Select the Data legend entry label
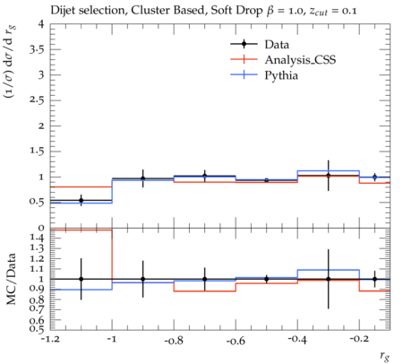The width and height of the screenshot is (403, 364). coord(277,45)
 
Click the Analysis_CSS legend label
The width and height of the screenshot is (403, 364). coord(300,60)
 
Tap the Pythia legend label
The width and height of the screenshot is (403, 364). coord(281,75)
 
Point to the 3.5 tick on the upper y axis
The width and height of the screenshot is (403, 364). coord(37,49)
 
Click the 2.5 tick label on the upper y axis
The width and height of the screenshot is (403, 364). coord(37,100)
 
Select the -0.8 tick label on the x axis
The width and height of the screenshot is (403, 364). coord(174,340)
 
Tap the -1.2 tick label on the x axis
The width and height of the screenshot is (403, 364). coord(50,340)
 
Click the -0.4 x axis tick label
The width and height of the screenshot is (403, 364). coord(297,340)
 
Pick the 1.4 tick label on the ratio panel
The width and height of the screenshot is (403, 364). coord(37,238)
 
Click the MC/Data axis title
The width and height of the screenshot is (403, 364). coord(11,279)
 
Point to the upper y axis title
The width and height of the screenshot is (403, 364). coord(10,62)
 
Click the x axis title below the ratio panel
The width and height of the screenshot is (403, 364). coord(385,356)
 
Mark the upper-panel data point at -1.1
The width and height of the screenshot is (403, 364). coord(81,200)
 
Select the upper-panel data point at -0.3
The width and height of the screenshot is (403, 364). coord(329,176)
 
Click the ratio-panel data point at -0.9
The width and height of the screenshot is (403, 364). coord(142,279)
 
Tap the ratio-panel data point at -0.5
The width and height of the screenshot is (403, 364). coord(267,279)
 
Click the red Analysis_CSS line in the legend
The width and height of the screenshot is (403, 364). coord(244,59)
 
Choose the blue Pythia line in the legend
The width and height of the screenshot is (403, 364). coord(244,74)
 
